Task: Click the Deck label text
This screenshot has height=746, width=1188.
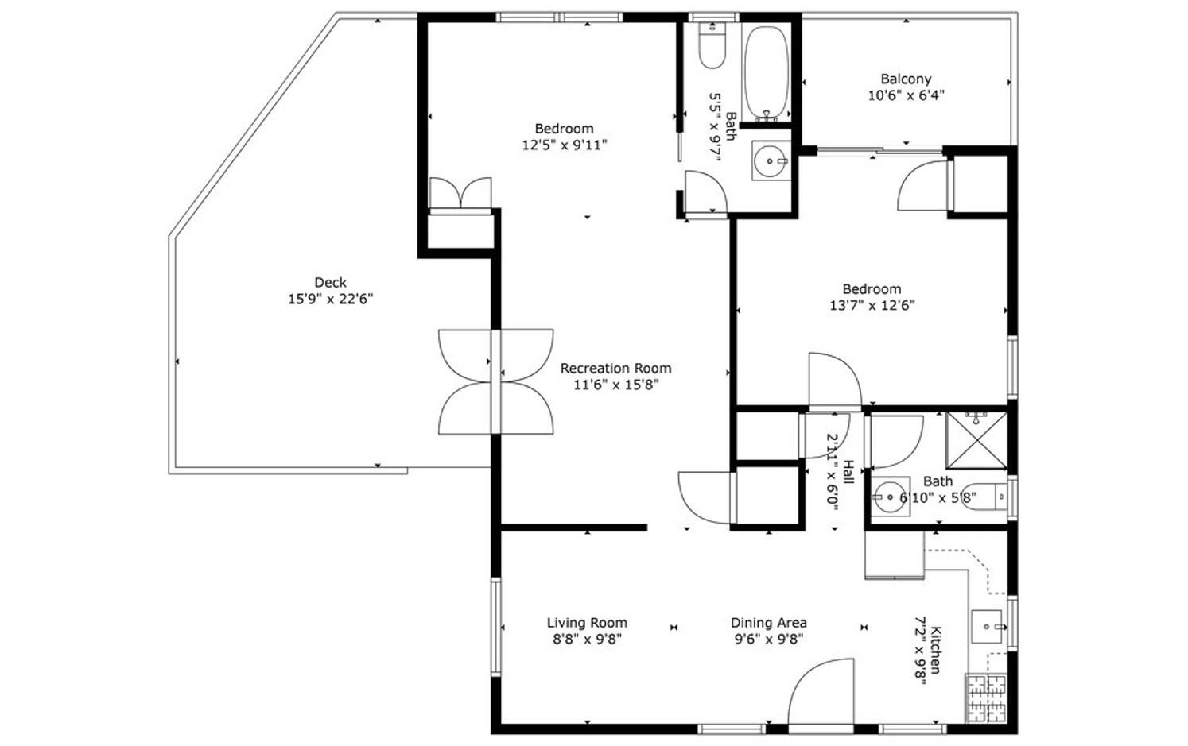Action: coord(331,282)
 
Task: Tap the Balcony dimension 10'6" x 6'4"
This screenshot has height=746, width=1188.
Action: coord(907,96)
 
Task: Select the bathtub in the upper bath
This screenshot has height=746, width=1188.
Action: coord(767,73)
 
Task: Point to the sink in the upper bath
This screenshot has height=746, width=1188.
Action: coord(771,160)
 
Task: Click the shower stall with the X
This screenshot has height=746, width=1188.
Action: coord(977,440)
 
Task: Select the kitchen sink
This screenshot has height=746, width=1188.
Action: coord(988,626)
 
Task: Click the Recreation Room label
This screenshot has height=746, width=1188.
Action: coord(615,368)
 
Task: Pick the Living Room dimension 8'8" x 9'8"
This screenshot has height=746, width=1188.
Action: coord(587,640)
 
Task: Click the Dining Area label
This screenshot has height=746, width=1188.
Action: coord(768,623)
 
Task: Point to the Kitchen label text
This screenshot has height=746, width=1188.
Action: coord(937,650)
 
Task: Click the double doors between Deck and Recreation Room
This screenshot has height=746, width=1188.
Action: coord(496,382)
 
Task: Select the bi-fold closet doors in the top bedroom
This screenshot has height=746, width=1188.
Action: coord(460,194)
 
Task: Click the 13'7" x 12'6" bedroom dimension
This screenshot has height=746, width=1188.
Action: coord(872,306)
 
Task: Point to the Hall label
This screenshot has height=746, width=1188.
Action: coord(848,472)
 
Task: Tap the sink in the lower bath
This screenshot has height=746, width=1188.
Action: coord(891,497)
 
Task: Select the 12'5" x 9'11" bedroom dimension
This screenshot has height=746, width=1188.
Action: coord(565,145)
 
